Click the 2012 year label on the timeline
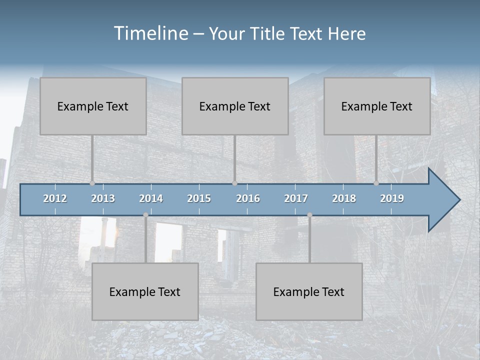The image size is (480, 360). point(55,198)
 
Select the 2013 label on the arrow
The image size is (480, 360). point(103,198)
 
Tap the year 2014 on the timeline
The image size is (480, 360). point(151,198)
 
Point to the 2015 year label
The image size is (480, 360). point(199,198)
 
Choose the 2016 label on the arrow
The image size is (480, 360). point(248,198)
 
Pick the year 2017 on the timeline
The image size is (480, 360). point(296,198)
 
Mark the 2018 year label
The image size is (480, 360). point(344,198)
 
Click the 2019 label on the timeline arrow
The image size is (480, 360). point(392,198)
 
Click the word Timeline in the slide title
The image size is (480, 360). point(150,33)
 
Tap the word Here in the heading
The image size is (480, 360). point(347,34)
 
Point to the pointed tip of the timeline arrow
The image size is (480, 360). point(459,200)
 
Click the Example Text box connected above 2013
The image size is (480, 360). point(93,106)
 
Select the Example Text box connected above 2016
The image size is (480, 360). point(235,106)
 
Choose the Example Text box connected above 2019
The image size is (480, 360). point(377,106)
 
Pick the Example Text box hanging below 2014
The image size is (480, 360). point(145,291)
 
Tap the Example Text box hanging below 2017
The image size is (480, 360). point(309,291)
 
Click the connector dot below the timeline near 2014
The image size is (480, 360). point(145,215)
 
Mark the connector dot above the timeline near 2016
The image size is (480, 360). point(234,183)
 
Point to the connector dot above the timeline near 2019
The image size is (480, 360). point(376,183)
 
